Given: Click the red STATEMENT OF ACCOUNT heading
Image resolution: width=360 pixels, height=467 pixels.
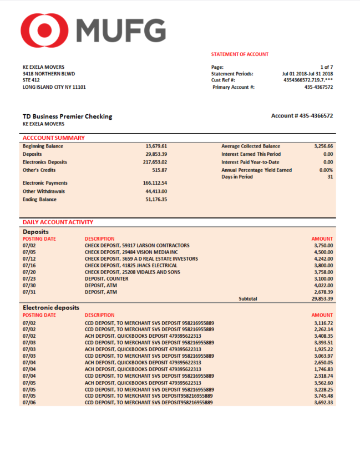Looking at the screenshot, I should click(x=240, y=54).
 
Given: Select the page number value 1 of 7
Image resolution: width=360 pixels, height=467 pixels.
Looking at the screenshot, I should click(x=326, y=67).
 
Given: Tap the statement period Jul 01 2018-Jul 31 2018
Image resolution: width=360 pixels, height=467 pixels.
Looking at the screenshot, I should click(x=307, y=73).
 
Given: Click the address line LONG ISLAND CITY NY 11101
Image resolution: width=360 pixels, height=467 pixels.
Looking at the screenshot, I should click(x=54, y=87).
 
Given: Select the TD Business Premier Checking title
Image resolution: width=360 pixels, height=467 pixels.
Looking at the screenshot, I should click(x=67, y=116).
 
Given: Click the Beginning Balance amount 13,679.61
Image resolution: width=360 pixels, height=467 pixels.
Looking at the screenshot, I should click(x=156, y=146).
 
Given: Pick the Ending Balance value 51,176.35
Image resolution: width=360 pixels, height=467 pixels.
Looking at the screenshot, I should click(x=156, y=199).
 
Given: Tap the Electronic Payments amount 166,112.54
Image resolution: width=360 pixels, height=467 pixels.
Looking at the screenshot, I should click(x=155, y=183).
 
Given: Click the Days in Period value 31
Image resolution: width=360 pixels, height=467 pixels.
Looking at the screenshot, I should click(x=329, y=177).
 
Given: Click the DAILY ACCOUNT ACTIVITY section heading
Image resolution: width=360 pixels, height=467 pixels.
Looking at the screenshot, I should click(x=54, y=222).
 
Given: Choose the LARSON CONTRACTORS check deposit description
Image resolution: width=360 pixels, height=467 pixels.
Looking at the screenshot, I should click(x=137, y=245).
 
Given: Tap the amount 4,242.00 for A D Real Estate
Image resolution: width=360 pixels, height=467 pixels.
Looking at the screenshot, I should click(x=323, y=258).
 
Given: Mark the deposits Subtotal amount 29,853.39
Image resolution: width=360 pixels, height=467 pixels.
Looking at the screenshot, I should click(x=321, y=298).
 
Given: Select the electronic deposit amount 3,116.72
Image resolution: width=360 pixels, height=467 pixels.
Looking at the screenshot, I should click(x=323, y=322).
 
